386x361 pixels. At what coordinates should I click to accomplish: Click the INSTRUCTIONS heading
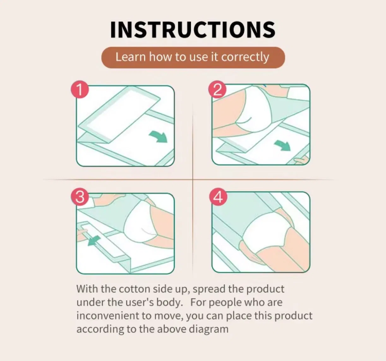click(x=193, y=30)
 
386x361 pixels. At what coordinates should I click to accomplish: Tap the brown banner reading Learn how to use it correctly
click(x=193, y=57)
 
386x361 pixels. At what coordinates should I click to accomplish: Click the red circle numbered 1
click(x=80, y=89)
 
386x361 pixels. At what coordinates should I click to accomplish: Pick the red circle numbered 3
click(x=80, y=197)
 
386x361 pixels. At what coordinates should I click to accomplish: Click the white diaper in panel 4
click(x=268, y=231)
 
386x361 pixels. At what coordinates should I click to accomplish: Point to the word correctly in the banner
click(x=245, y=57)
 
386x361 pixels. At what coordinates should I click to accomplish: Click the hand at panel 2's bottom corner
click(x=302, y=160)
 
